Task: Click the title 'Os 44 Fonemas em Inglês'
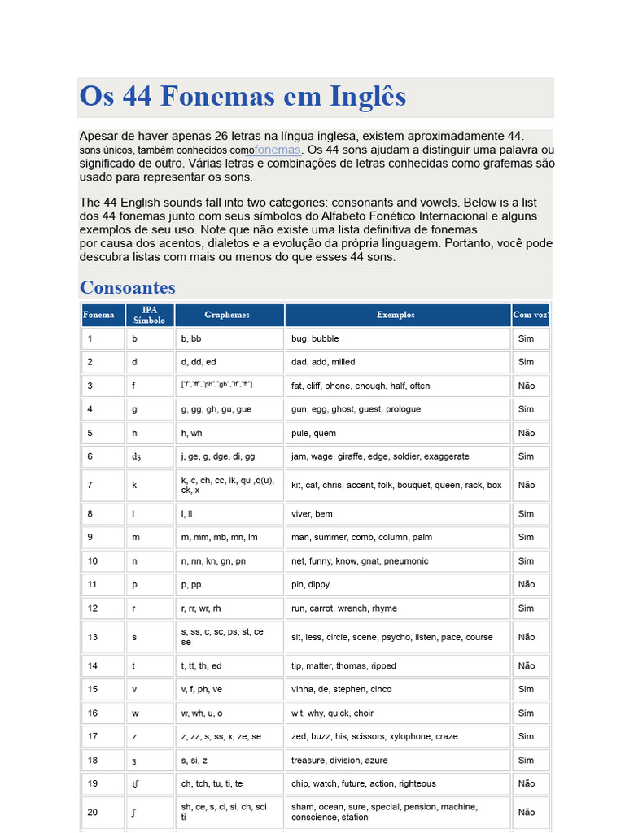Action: coord(243,98)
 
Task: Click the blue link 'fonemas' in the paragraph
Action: coord(278,150)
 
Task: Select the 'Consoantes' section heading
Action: coord(128,287)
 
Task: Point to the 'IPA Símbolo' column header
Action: coord(150,315)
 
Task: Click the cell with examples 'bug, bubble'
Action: coord(315,338)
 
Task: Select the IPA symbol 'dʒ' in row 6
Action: coord(137,456)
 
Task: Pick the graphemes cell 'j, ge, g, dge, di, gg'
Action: coord(217,456)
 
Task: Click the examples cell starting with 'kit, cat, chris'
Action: coord(396,485)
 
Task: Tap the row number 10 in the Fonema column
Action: coord(93,561)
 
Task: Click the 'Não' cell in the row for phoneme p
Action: coord(527,584)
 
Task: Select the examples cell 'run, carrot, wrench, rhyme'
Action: coord(344,608)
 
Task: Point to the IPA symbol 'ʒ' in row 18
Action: coord(135,761)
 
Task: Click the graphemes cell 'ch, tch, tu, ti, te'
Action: coord(212,784)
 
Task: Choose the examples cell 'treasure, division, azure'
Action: coord(339,761)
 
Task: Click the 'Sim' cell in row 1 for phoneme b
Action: coord(527,338)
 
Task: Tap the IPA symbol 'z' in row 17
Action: coord(135,736)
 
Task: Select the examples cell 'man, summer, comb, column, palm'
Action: coord(361,538)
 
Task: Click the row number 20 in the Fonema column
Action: coord(93,812)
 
